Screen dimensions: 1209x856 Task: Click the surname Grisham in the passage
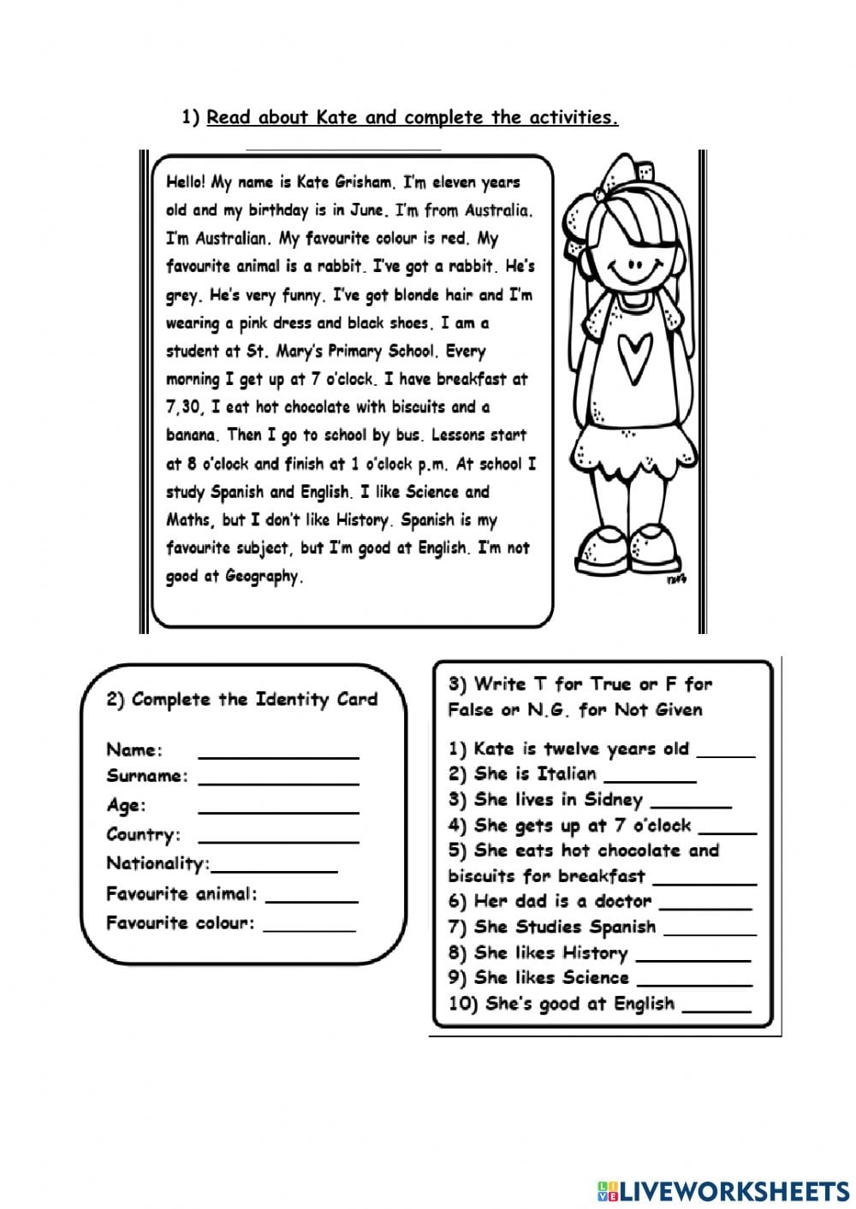[360, 182]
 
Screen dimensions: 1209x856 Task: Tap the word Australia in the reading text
[497, 210]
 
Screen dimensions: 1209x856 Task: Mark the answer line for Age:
[278, 810]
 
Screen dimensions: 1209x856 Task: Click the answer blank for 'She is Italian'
[650, 779]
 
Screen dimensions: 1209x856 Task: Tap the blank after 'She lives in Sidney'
[691, 805]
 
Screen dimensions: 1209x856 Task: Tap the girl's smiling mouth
[634, 277]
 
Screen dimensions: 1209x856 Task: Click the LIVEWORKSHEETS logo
[723, 1190]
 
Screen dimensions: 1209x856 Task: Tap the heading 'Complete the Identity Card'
[242, 699]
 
